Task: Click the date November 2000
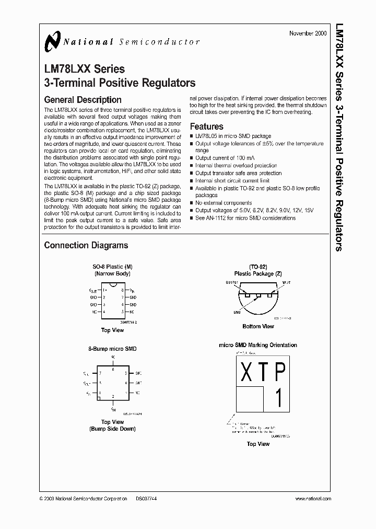click(308, 33)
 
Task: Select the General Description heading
click(83, 100)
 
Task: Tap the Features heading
click(206, 126)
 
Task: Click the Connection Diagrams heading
click(86, 245)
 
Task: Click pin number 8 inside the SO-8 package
click(122, 289)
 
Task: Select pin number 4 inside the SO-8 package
click(104, 312)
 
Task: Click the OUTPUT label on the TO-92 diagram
click(232, 282)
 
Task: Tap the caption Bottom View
click(258, 326)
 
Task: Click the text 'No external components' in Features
click(224, 203)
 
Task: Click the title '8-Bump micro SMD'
click(112, 349)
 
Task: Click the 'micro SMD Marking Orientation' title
click(258, 345)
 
